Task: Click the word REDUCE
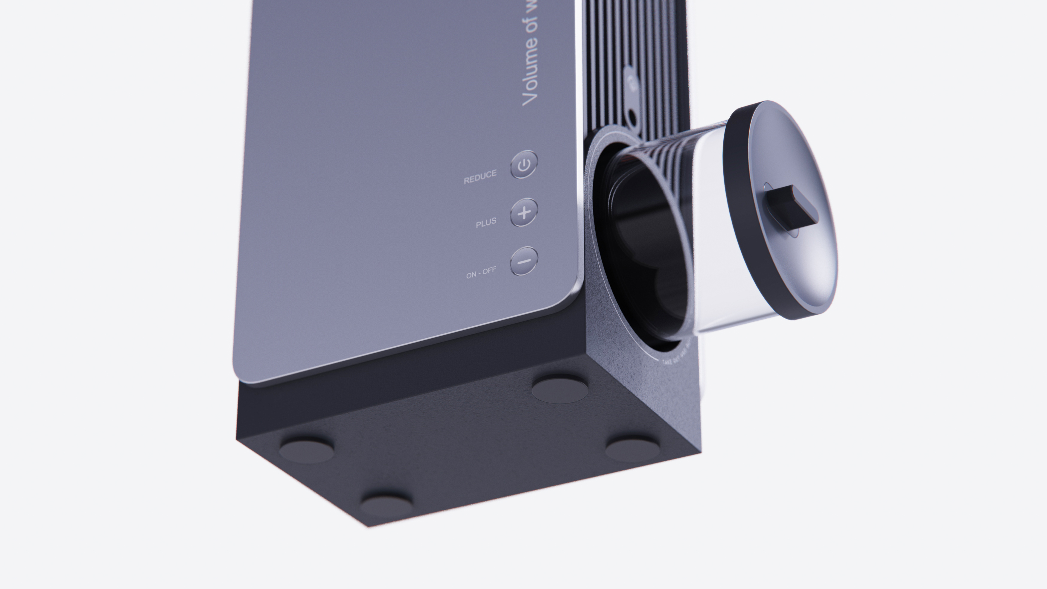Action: (x=480, y=177)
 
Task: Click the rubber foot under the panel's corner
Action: (x=306, y=449)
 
